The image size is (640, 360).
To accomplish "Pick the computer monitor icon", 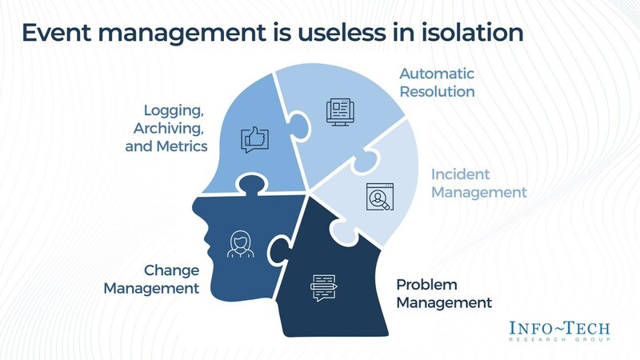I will coord(340,112).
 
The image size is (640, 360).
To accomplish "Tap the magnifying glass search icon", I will coord(378,196).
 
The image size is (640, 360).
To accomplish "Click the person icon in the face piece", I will coord(239,244).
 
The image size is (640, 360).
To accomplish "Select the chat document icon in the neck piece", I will coord(324,286).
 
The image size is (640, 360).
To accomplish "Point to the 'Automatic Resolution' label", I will coord(437,82).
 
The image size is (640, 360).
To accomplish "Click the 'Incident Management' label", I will coord(478,183).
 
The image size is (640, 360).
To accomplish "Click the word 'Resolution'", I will coord(437,91).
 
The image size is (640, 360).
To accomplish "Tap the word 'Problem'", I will coord(426,285).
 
